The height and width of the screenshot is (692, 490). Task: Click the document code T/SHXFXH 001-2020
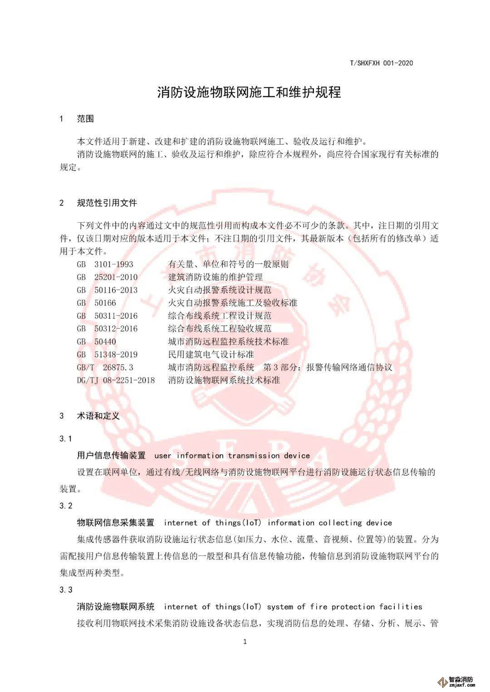point(381,63)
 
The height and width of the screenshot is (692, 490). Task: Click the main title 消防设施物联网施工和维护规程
point(249,93)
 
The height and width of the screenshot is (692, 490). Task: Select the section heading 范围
point(85,119)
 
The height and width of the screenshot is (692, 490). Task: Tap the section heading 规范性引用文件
point(107,203)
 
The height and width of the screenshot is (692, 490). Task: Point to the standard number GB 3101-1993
point(105,264)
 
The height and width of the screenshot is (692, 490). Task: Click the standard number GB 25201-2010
point(108,277)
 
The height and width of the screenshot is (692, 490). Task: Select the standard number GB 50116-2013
point(108,290)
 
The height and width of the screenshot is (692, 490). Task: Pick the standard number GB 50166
point(97,303)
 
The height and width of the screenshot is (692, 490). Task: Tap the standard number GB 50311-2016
point(108,316)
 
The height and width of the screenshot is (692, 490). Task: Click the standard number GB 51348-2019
point(108,355)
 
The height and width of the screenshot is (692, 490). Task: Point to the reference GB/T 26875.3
point(105,367)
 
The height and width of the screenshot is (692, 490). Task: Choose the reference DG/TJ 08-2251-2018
point(116,380)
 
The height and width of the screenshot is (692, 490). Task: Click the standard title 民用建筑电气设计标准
point(211,355)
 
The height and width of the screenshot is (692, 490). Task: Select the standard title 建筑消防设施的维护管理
point(215,277)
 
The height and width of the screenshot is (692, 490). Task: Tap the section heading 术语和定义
point(98,415)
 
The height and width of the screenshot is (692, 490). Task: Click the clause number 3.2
point(66,506)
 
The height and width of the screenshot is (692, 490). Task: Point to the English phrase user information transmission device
point(232,456)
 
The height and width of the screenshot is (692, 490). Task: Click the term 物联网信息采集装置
point(116,523)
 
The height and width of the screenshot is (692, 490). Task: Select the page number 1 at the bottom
point(245,641)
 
